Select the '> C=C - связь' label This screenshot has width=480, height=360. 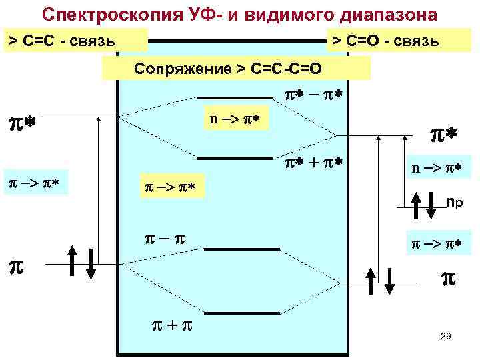[x=73, y=42]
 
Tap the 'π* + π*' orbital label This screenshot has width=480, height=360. [x=311, y=163]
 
